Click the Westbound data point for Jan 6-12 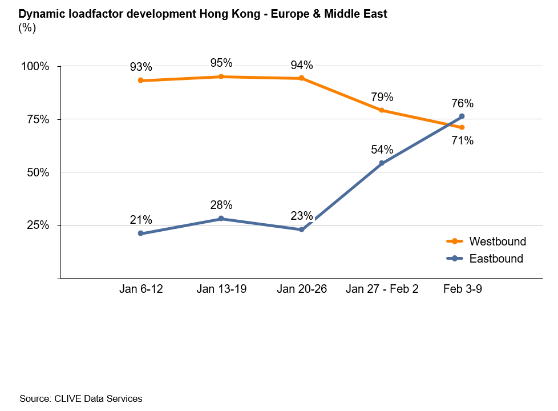point(141,80)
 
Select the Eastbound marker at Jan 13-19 point(221,219)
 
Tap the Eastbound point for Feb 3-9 point(462,116)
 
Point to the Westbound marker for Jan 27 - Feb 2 point(382,110)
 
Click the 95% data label point(221,63)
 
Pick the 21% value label point(141,220)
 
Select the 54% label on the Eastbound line point(382,150)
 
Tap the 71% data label point(462,140)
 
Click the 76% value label point(462,104)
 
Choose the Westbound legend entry point(497,241)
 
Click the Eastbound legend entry point(496,259)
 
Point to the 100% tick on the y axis point(35,67)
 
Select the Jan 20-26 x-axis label point(302,289)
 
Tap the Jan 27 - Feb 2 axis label point(382,289)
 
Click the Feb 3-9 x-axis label point(462,289)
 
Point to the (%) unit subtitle point(27,28)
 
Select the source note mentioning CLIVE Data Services point(80,398)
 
